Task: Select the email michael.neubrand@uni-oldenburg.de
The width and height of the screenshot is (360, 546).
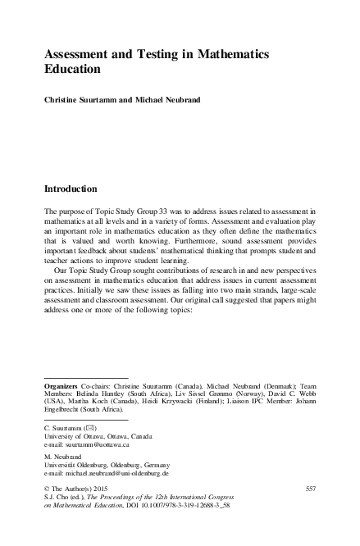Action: click(x=116, y=473)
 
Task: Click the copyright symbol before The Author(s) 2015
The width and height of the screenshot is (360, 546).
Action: click(x=46, y=489)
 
